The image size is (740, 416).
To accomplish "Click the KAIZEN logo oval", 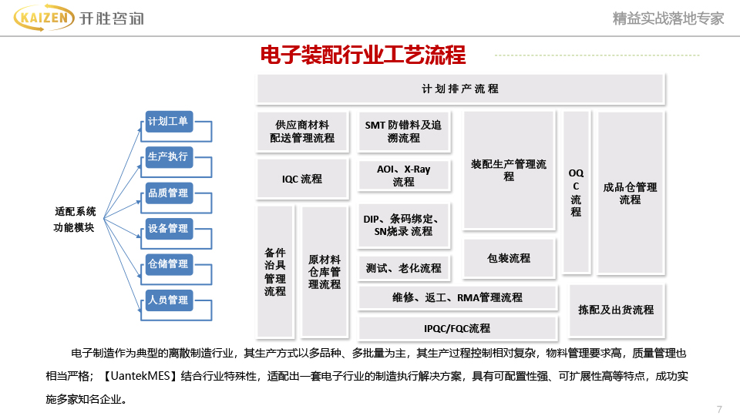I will pos(43,18).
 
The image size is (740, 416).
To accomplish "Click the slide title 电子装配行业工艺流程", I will pos(363,55).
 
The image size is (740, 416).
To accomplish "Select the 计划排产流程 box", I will pos(460,89).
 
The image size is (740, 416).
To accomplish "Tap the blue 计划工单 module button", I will pos(168,121).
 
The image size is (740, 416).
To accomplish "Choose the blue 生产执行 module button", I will pos(168,157).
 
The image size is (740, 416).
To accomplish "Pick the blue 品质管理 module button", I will pos(168,193).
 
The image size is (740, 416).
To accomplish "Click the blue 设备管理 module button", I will pos(168,229).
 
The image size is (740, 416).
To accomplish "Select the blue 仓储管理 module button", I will pos(168,264).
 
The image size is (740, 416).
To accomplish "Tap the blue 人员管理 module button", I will pos(168,300).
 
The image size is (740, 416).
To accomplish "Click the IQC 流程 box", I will pos(301,179).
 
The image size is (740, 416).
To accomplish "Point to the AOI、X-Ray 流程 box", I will pos(404,176).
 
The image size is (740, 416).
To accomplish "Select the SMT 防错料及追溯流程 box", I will pos(404,132).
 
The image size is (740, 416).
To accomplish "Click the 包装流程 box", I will pos(509,258).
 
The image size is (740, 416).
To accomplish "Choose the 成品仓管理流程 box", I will pos(630,193).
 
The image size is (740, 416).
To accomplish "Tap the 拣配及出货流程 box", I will pos(616,310).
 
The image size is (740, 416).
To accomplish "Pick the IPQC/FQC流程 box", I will pos(457,328).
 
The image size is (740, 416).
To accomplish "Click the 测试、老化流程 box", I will pos(404,268).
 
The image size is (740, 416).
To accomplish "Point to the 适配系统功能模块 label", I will pos(75,219).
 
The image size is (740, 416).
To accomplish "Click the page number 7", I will pos(719,408).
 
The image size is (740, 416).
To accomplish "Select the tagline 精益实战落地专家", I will pos(668,18).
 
